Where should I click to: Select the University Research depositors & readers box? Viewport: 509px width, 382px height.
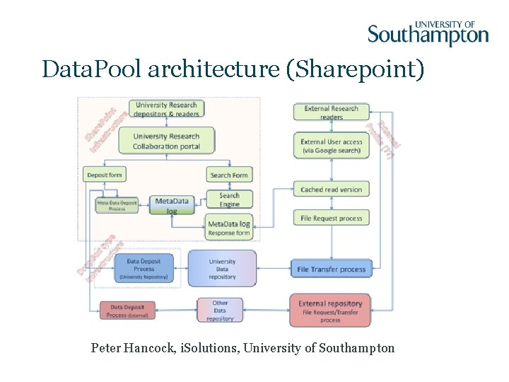point(167,109)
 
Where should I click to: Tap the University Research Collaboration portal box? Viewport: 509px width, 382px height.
point(166,141)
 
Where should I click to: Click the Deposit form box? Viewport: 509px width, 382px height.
point(104,175)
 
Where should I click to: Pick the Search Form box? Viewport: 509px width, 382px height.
point(229,175)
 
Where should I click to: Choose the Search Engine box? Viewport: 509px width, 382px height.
point(229,200)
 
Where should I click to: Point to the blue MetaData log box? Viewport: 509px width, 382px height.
point(172,205)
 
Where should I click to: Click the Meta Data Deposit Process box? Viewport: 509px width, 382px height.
point(117,205)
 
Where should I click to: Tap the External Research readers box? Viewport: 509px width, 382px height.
point(331,112)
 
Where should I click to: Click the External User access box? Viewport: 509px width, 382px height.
point(331,146)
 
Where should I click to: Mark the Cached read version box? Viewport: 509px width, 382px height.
point(331,190)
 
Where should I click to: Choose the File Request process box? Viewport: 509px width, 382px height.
point(331,219)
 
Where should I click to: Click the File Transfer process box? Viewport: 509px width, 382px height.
point(331,269)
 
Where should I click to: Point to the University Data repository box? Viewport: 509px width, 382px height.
point(222,269)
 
